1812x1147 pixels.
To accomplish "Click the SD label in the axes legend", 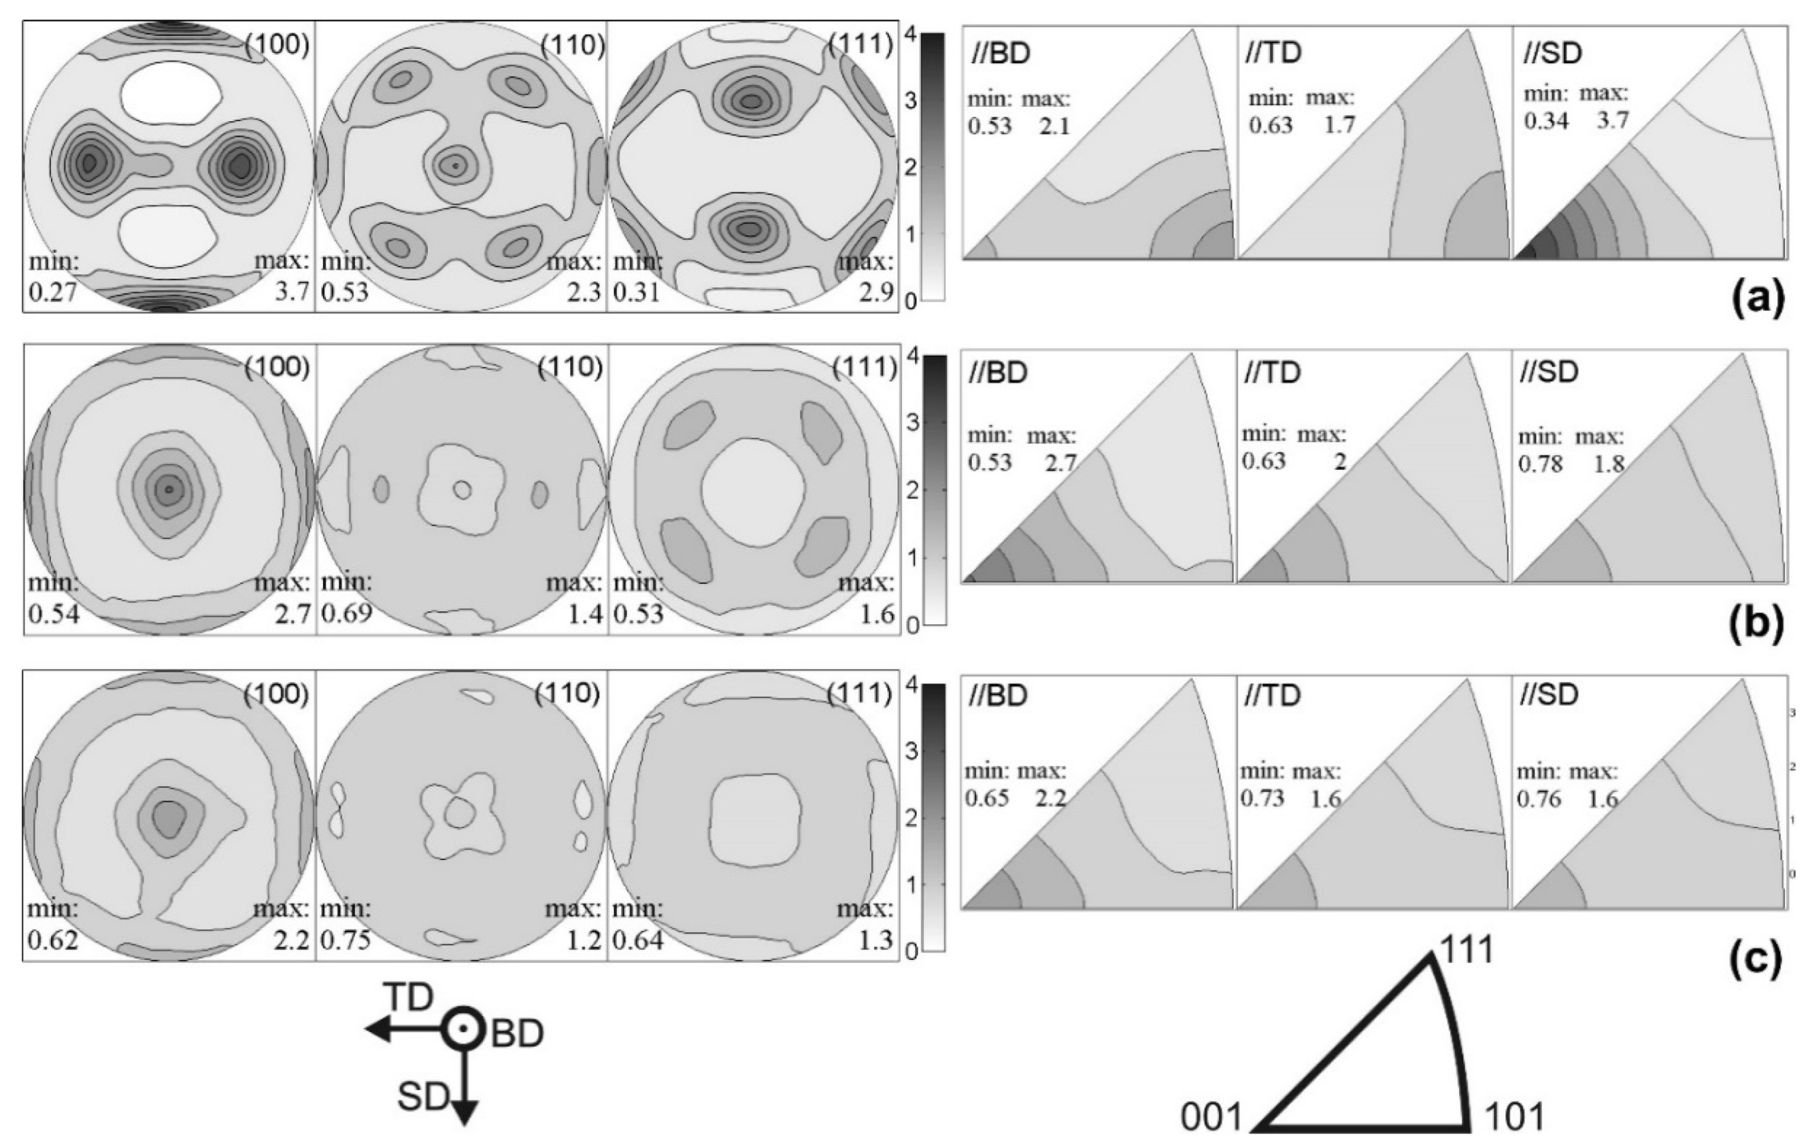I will coord(423,1098).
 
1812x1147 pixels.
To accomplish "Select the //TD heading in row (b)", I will coord(1272,373).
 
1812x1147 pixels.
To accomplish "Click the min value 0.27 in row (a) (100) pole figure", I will coord(52,292).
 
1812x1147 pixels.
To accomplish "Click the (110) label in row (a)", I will coord(572,46).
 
